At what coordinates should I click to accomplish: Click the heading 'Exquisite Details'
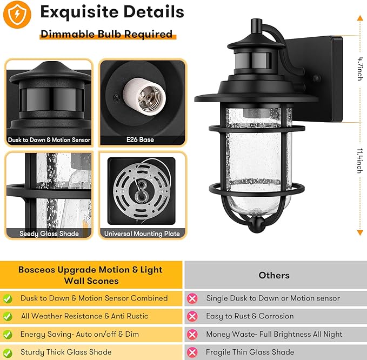tap(112, 11)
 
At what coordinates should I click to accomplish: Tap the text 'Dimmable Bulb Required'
tap(106, 34)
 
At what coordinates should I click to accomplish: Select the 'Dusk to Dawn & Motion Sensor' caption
tap(49, 140)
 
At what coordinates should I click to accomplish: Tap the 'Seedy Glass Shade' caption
tap(49, 234)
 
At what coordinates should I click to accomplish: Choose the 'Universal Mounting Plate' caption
tap(142, 234)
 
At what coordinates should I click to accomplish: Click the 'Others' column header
tap(274, 275)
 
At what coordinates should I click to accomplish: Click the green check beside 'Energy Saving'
tap(8, 334)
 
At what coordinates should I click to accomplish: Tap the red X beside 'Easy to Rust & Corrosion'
tap(192, 316)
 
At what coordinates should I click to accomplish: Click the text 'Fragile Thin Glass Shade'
tap(250, 352)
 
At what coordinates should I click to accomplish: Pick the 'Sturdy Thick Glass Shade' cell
tap(66, 352)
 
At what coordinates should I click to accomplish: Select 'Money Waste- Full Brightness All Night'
tap(274, 334)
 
